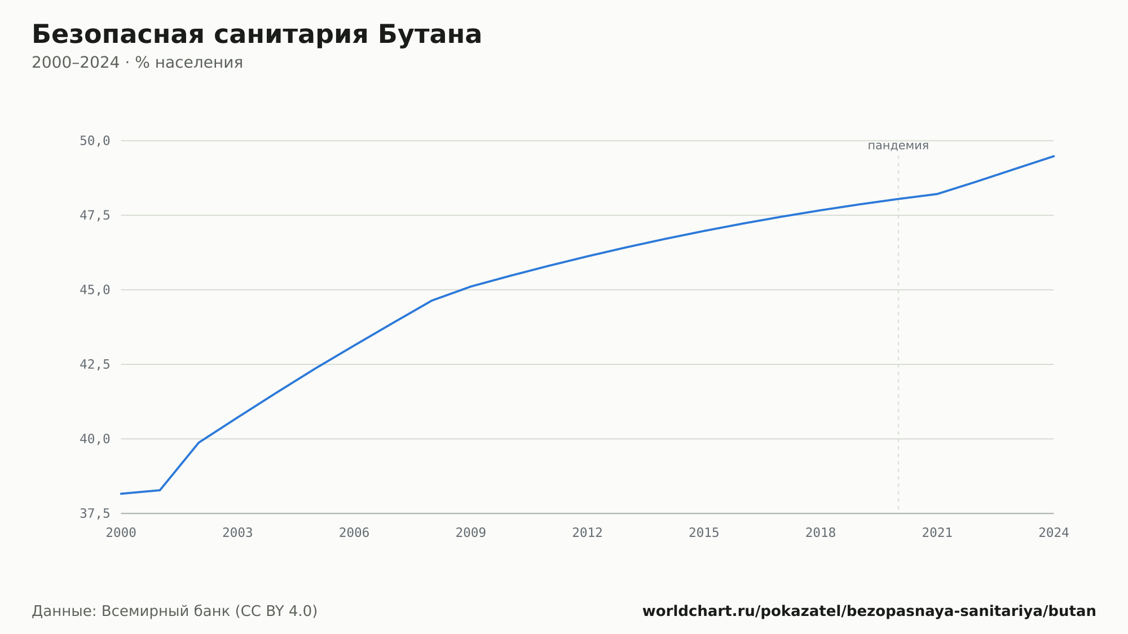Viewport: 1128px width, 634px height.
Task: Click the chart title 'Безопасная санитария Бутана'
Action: click(x=257, y=35)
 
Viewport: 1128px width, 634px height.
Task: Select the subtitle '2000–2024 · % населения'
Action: click(x=137, y=63)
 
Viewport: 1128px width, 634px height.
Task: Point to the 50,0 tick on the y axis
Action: click(x=95, y=141)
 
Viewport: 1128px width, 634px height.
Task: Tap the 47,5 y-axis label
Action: click(x=95, y=215)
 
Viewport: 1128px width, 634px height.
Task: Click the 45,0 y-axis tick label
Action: click(x=95, y=290)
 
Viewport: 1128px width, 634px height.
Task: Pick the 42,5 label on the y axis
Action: click(x=95, y=364)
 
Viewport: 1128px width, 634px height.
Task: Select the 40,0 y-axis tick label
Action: click(x=95, y=439)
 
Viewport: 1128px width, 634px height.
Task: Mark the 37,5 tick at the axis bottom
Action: click(x=95, y=513)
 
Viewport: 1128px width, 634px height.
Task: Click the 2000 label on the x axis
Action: click(x=121, y=533)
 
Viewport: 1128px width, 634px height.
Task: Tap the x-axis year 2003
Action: click(x=237, y=533)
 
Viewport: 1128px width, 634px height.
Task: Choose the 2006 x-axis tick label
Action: click(x=354, y=533)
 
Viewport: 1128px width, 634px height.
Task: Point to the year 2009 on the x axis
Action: click(x=471, y=533)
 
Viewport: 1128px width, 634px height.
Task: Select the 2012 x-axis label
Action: click(x=588, y=533)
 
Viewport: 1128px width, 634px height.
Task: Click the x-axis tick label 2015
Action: click(x=704, y=533)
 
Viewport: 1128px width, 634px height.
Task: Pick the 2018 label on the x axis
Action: click(x=821, y=533)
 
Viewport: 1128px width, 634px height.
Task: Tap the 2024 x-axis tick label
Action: click(x=1054, y=533)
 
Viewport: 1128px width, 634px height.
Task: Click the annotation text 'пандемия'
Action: click(x=898, y=146)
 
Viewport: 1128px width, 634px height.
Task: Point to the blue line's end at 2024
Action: click(x=1054, y=156)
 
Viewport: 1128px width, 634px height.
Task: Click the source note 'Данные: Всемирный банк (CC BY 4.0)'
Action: click(x=175, y=611)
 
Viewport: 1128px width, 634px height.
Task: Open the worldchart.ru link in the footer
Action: click(x=869, y=611)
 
